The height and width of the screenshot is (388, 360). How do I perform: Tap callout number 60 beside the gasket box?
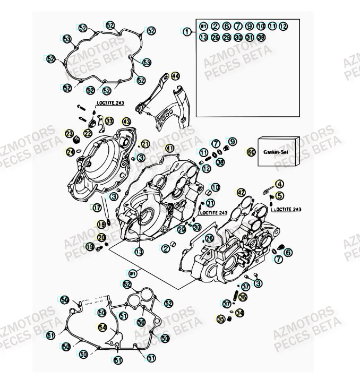(251, 152)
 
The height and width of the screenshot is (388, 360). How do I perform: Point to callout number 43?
(126, 122)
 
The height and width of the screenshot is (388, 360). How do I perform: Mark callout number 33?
(109, 122)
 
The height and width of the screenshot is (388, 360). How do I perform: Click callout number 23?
(70, 133)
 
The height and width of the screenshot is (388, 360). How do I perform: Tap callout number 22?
(88, 133)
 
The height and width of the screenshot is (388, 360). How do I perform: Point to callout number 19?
(90, 247)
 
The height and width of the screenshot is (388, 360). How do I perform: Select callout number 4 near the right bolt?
(280, 184)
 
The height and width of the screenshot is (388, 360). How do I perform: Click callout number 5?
(280, 195)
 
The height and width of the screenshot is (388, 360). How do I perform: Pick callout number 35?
(221, 320)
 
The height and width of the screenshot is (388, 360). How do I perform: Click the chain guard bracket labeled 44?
(165, 106)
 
